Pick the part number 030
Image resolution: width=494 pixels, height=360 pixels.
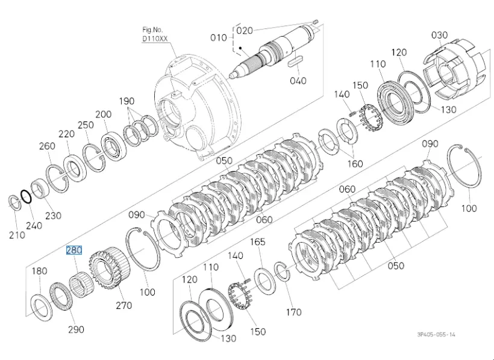(x=439, y=35)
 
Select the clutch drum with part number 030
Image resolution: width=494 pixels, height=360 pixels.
(x=452, y=72)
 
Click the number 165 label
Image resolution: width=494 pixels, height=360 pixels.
(x=258, y=242)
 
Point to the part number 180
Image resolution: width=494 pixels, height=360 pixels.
(x=39, y=272)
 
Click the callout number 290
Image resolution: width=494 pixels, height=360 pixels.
(x=76, y=329)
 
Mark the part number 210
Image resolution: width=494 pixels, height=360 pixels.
(x=17, y=235)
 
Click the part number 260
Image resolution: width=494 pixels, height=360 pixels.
(x=47, y=146)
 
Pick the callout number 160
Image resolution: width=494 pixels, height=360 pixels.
(x=355, y=164)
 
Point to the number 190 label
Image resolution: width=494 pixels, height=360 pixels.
(x=127, y=101)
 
